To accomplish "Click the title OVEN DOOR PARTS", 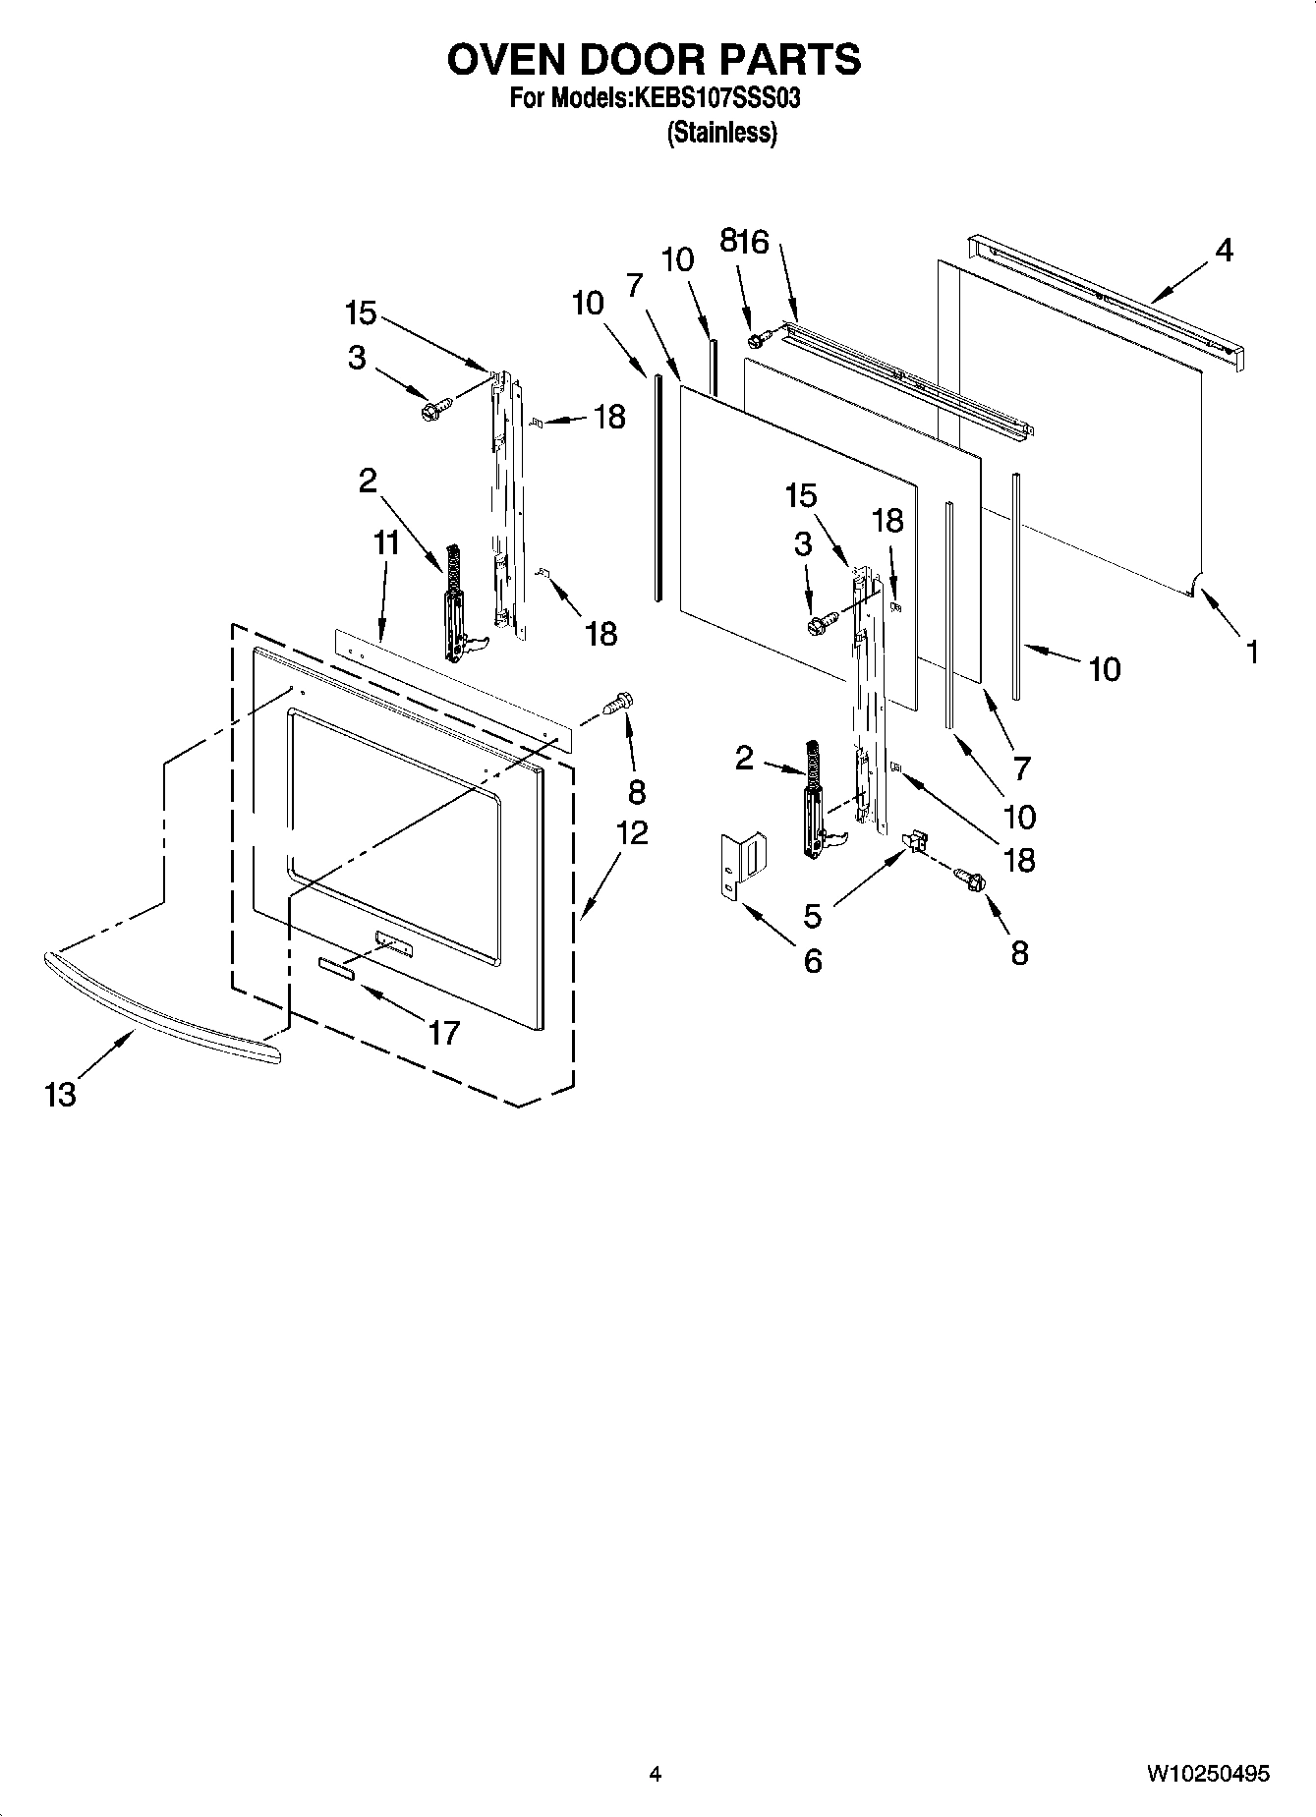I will coord(655,61).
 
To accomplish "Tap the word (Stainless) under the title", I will coord(722,133).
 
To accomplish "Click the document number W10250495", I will coord(1207,1774).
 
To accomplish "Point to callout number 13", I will coord(60,1094).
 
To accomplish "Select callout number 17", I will coord(444,1032).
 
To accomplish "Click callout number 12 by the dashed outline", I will coord(632,832).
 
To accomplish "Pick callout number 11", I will coord(386,542).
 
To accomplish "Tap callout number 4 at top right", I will coord(1224,251).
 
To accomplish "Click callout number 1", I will coord(1252,651).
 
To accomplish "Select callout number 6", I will coord(812,961).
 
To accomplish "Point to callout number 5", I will coord(812,916).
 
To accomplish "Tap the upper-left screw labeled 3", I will coord(435,407).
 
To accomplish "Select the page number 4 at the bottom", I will coord(656,1774).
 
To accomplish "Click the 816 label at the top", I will coord(744,242).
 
